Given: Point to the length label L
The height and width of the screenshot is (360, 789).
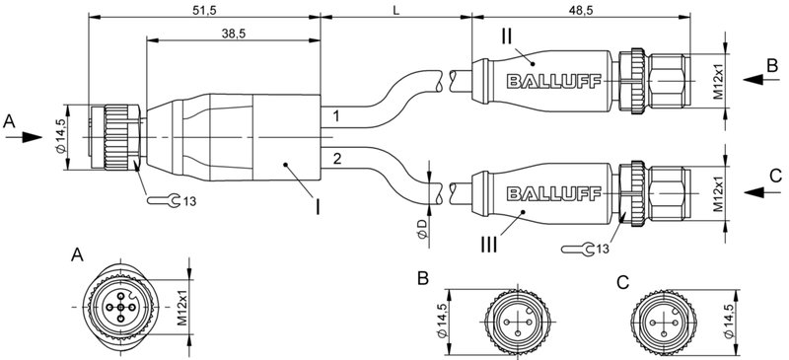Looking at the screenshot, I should pyautogui.click(x=395, y=10).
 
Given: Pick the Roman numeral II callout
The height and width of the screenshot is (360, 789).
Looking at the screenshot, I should pyautogui.click(x=505, y=36).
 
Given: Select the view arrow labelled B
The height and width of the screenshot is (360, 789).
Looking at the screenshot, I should pyautogui.click(x=761, y=81).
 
